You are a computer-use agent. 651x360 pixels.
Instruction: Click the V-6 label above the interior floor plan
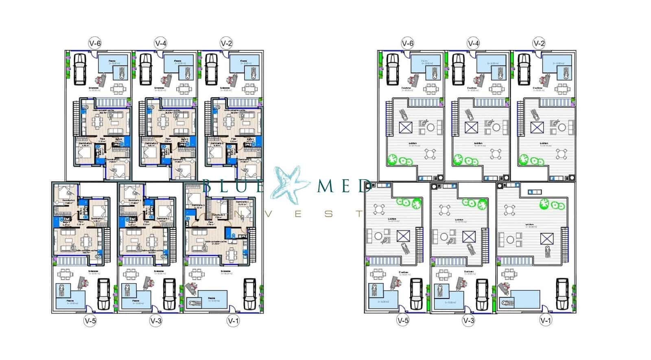[95, 43]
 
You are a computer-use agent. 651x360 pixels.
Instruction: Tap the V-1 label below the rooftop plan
[545, 321]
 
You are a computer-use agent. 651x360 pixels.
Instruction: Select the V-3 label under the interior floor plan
[156, 321]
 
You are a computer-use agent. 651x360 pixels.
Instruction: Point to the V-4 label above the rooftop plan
[473, 43]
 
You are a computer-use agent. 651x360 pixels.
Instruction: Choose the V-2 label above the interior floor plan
[226, 43]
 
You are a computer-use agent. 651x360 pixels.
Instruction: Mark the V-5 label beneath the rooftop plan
[402, 321]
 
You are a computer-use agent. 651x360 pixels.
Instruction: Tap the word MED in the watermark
[343, 186]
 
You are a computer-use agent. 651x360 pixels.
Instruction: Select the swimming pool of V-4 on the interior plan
[177, 66]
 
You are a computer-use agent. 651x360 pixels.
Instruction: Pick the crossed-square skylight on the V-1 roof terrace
[546, 238]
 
